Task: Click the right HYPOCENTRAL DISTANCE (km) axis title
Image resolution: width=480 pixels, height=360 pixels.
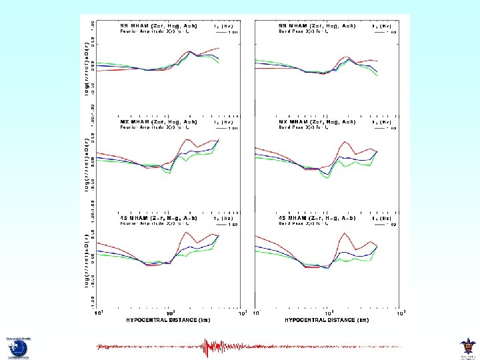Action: click(x=326, y=320)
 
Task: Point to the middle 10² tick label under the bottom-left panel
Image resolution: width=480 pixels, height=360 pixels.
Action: click(x=171, y=312)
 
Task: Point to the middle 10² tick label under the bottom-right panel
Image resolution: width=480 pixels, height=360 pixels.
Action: click(x=329, y=312)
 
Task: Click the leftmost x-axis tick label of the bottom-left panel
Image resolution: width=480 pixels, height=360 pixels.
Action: click(x=99, y=312)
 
